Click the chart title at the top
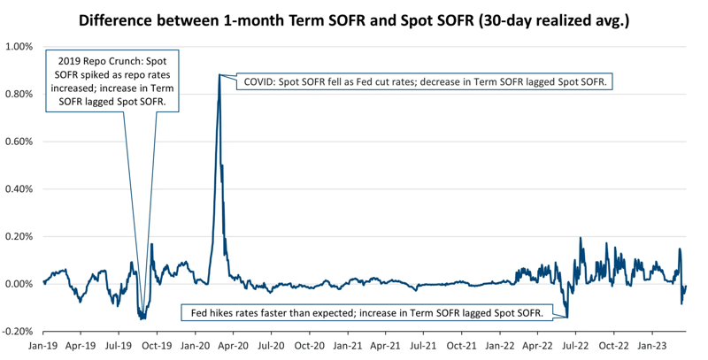click(354, 19)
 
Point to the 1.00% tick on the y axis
click(19, 47)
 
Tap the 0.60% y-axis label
click(19, 142)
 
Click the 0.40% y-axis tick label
click(19, 189)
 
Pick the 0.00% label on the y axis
click(19, 284)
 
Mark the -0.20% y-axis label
click(18, 332)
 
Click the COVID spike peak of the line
click(219, 74)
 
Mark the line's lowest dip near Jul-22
click(566, 317)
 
